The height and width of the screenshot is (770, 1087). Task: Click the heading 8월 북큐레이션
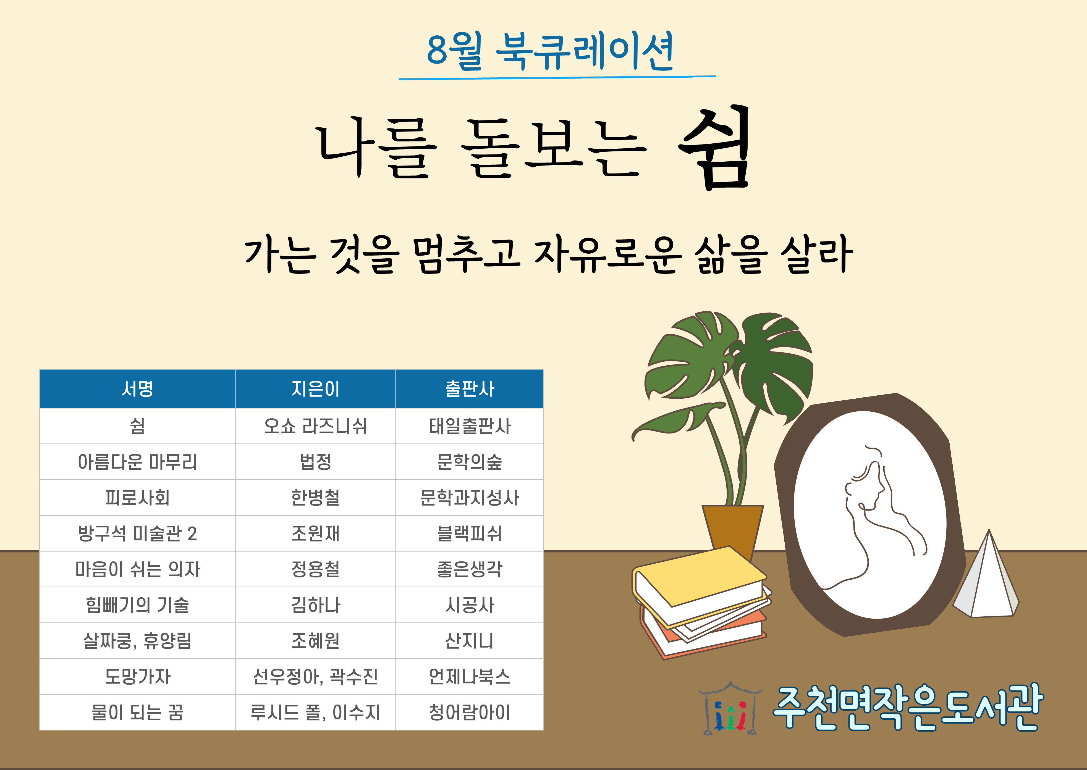pyautogui.click(x=550, y=51)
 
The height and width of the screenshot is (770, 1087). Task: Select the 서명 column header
pyautogui.click(x=138, y=389)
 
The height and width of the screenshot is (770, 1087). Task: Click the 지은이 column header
pyautogui.click(x=315, y=389)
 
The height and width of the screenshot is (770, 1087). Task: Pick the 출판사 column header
pyautogui.click(x=470, y=389)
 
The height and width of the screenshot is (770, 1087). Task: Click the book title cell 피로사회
pyautogui.click(x=138, y=497)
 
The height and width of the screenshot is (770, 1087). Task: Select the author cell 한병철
pyautogui.click(x=315, y=497)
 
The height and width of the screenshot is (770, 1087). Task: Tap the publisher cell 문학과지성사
pyautogui.click(x=470, y=497)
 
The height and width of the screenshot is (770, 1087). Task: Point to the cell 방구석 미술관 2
pyautogui.click(x=138, y=534)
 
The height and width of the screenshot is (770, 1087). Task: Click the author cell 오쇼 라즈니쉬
pyautogui.click(x=315, y=426)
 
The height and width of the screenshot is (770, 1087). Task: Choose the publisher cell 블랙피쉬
pyautogui.click(x=470, y=534)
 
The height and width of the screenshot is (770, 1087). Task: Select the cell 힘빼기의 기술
pyautogui.click(x=138, y=605)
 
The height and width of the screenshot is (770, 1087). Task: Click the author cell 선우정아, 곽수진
pyautogui.click(x=315, y=677)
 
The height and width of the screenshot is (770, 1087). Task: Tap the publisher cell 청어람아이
pyautogui.click(x=470, y=712)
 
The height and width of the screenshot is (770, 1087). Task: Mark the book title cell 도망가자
pyautogui.click(x=138, y=677)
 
